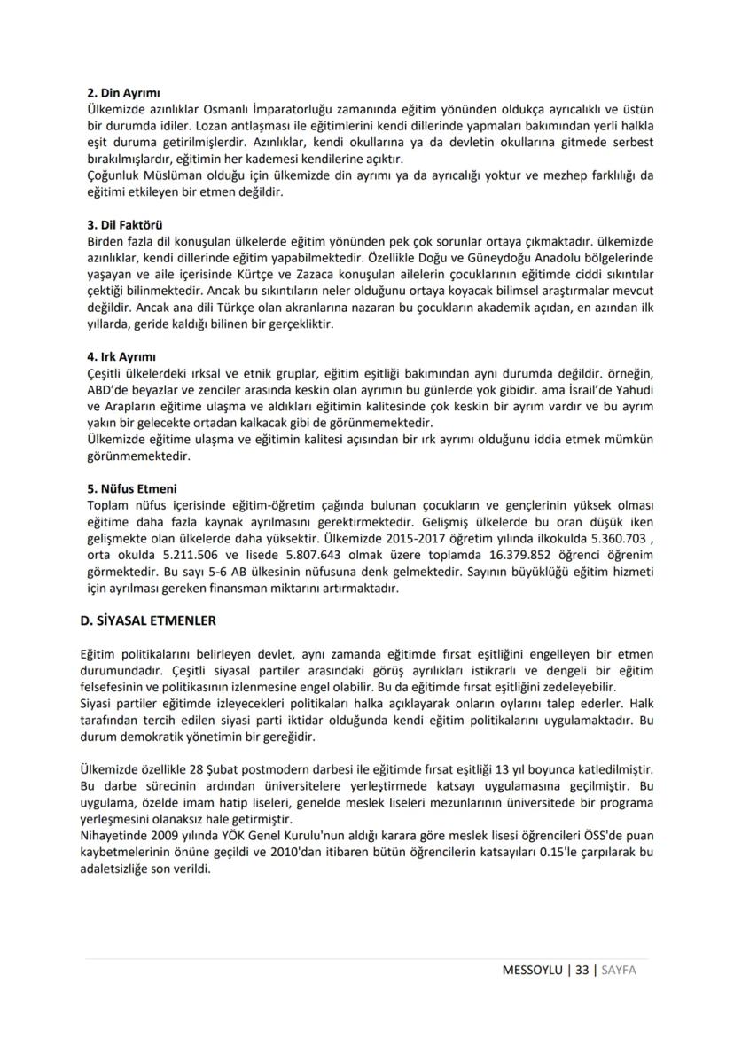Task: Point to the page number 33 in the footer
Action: click(582, 970)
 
